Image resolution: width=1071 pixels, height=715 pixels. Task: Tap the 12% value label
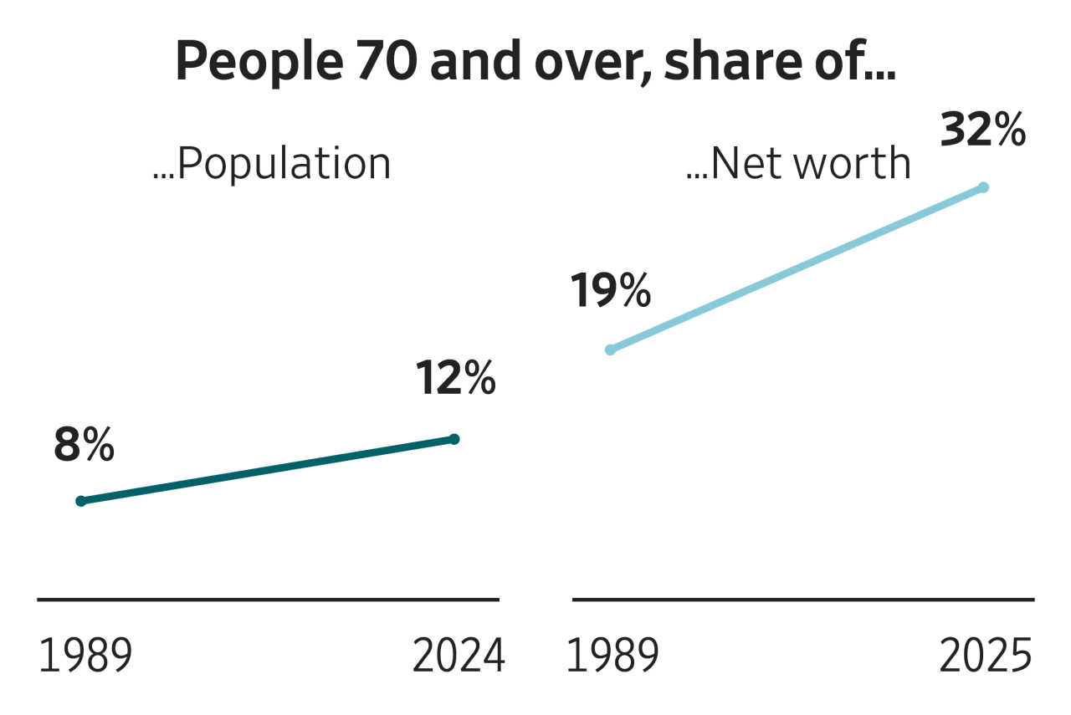pos(456,380)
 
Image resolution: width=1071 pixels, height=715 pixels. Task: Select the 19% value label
pos(611,292)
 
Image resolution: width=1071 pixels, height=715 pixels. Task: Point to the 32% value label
pos(983,131)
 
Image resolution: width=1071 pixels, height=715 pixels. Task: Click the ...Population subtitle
pos(272,165)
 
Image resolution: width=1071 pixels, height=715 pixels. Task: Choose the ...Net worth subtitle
pos(797,165)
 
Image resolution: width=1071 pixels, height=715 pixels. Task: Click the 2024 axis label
pos(459,657)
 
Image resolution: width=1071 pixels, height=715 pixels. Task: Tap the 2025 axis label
pos(986,657)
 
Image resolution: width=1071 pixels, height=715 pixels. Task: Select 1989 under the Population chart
pos(85,657)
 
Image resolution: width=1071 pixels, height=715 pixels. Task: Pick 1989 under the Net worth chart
pos(612,657)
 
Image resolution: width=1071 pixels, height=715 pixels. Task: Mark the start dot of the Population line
pos(80,501)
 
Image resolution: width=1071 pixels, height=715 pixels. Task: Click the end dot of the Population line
pos(455,438)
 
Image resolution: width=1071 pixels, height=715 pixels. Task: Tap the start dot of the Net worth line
pos(610,350)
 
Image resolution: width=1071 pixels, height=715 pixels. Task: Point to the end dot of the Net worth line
pos(984,187)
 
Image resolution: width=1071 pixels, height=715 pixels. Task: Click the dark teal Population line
pos(268,470)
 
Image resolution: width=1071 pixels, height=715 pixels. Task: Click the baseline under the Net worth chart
pos(803,599)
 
